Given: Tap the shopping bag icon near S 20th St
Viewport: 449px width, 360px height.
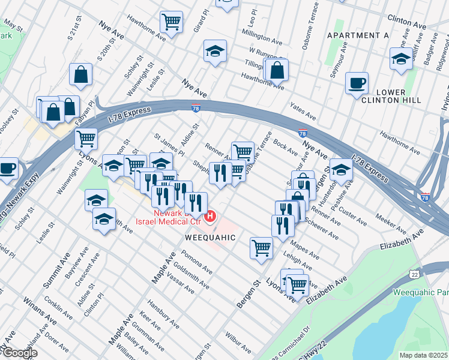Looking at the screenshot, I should coord(80,75).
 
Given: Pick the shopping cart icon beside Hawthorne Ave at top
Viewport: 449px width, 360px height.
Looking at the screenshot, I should coord(171,23).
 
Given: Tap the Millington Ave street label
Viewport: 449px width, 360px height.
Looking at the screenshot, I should coord(261,35).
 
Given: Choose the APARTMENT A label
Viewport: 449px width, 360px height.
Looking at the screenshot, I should coord(358,36).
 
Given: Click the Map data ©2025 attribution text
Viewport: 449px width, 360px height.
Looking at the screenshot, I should coord(423,355).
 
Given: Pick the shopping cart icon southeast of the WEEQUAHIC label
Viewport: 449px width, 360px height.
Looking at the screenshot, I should coord(261,247).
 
